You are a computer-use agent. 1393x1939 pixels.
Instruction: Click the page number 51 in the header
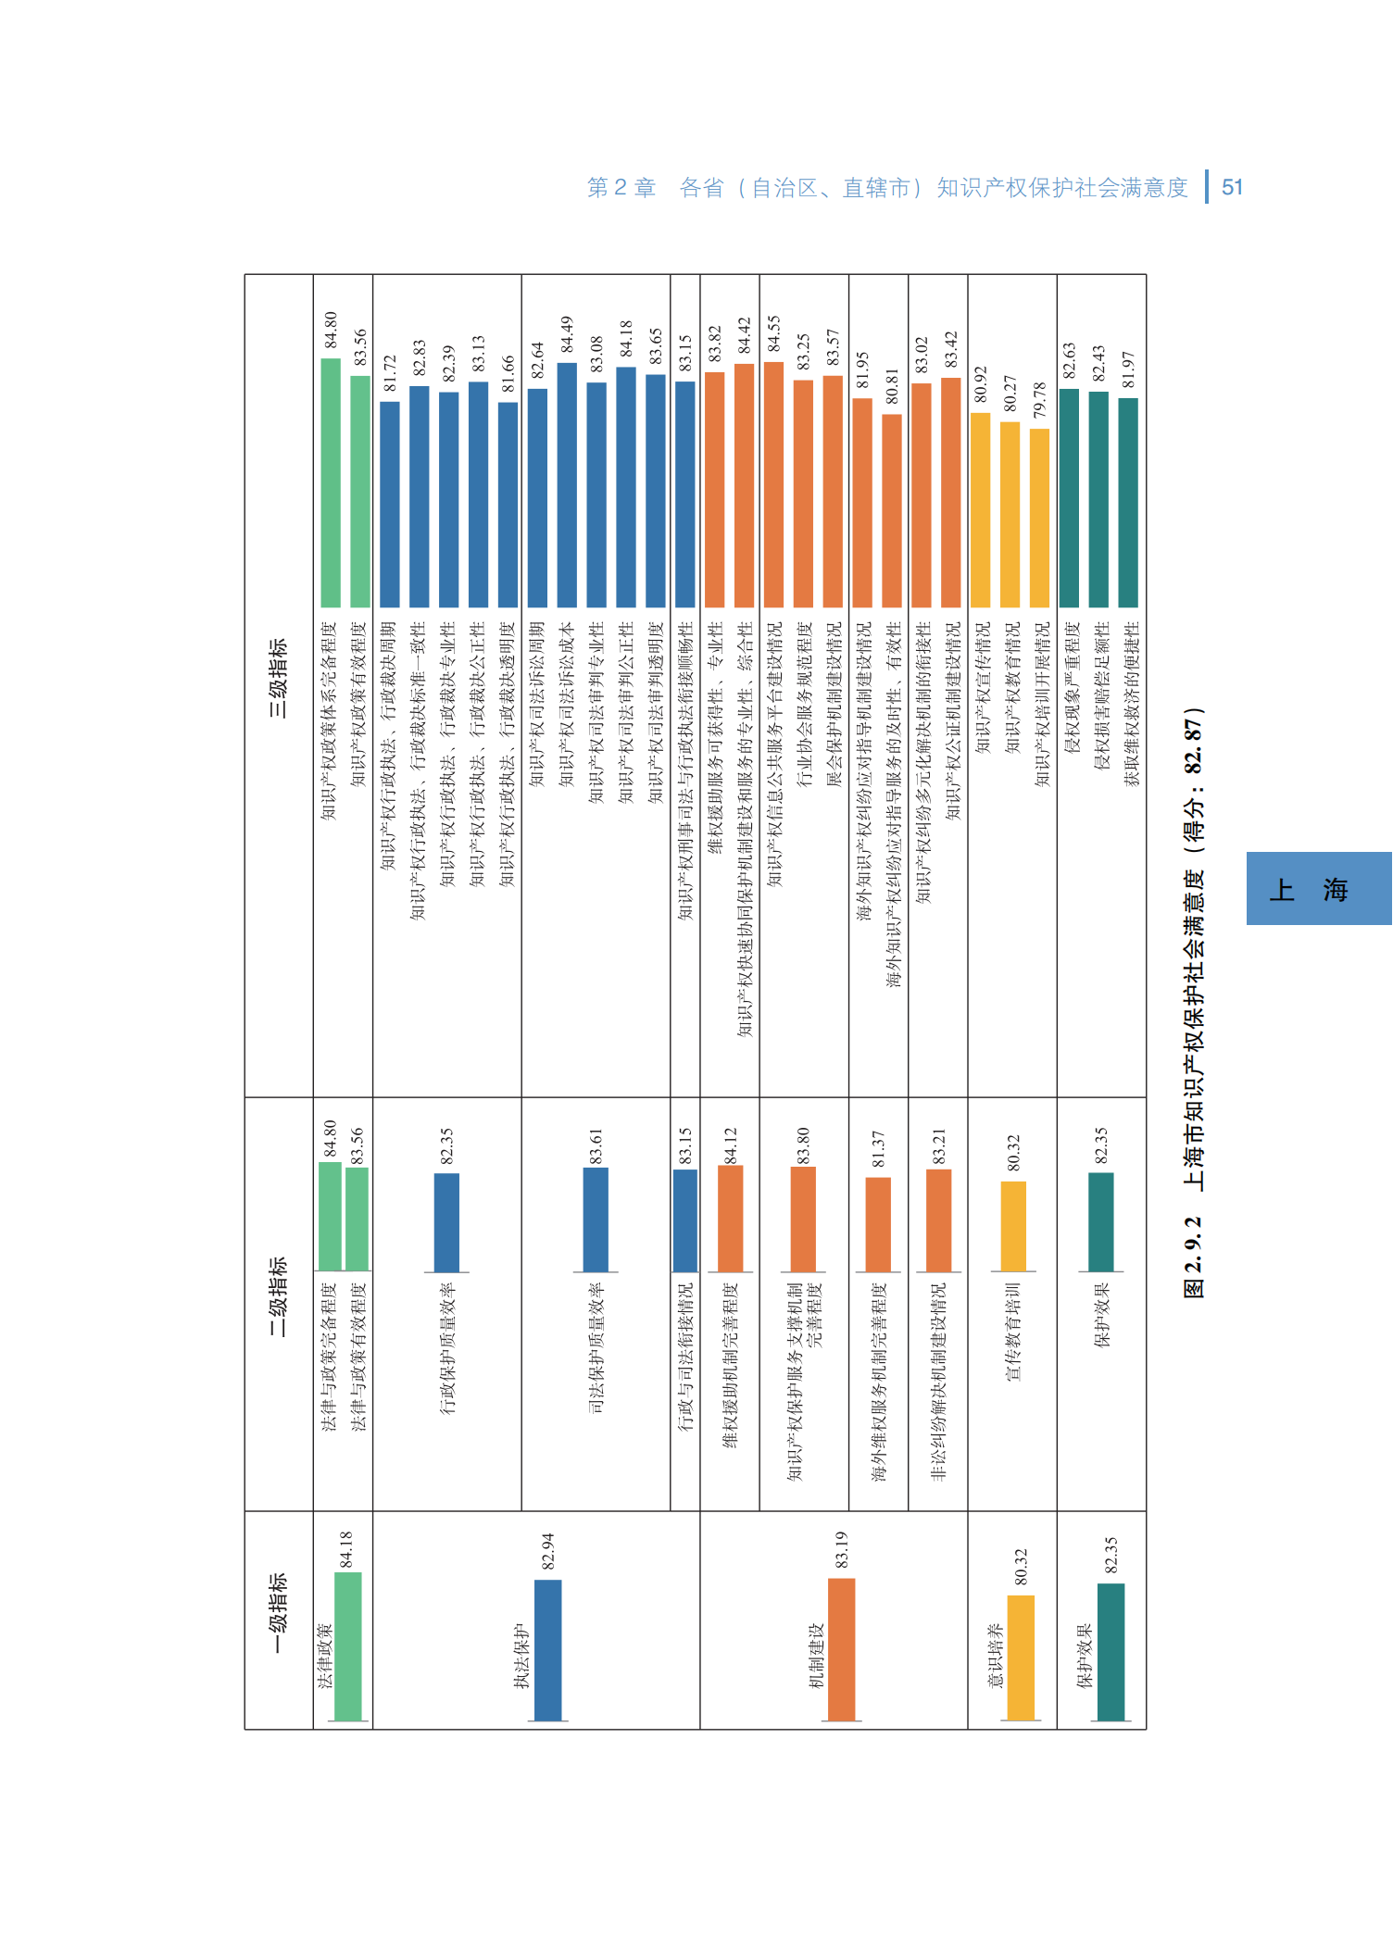click(1232, 187)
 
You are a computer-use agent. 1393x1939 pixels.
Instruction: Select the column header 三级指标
click(278, 678)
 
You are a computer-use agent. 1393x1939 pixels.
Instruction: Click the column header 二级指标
click(278, 1296)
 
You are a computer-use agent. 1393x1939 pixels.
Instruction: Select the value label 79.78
click(1040, 401)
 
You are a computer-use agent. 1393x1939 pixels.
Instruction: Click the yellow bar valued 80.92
click(980, 509)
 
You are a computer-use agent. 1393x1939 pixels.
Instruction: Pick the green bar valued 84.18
click(347, 1646)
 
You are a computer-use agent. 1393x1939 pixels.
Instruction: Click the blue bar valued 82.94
click(548, 1650)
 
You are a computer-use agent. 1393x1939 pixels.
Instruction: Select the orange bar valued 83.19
click(841, 1649)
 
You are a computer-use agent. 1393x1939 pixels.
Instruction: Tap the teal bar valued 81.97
click(1128, 502)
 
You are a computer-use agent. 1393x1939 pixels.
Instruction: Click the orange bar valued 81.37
click(878, 1224)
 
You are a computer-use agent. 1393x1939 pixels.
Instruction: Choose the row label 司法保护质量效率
click(596, 1348)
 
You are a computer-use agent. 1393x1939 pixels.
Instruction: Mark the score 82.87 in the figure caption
click(1194, 745)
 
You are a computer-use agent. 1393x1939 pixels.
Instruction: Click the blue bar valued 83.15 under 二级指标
click(685, 1220)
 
